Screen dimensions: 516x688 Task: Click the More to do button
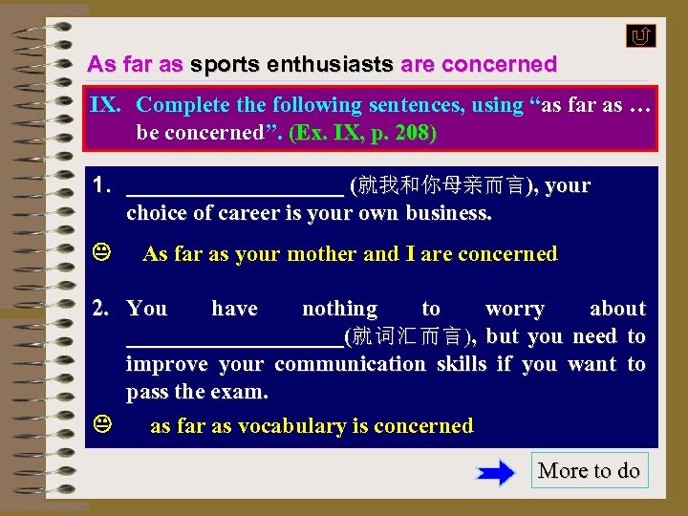click(589, 470)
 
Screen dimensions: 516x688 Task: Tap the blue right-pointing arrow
click(495, 472)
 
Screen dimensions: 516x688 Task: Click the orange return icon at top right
click(640, 36)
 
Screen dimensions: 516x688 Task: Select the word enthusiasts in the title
click(331, 65)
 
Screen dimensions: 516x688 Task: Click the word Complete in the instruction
click(183, 105)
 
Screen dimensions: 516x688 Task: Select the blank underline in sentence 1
click(234, 187)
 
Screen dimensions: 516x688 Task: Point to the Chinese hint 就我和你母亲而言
click(441, 185)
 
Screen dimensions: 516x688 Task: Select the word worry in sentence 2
click(514, 309)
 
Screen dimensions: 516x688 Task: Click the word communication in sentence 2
click(350, 364)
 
